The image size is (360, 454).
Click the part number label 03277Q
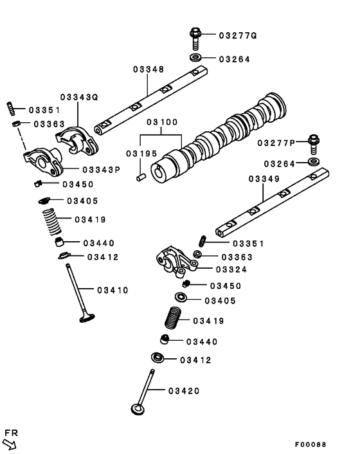[x=237, y=35]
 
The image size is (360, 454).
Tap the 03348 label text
[x=148, y=69]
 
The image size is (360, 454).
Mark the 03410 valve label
[x=113, y=290]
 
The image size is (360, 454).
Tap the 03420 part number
[x=184, y=390]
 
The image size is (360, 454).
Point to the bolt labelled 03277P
[x=314, y=141]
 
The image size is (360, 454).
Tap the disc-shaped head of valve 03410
[x=87, y=316]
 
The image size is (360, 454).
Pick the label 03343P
[x=101, y=169]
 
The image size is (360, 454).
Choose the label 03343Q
[x=80, y=97]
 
